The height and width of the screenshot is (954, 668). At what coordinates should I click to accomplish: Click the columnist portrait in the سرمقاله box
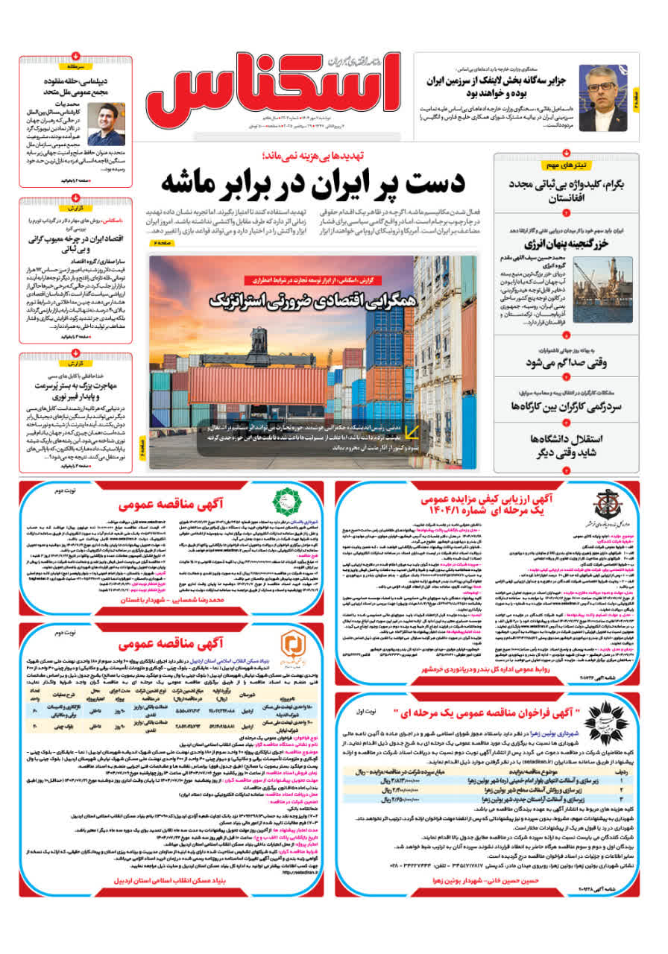point(106,123)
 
